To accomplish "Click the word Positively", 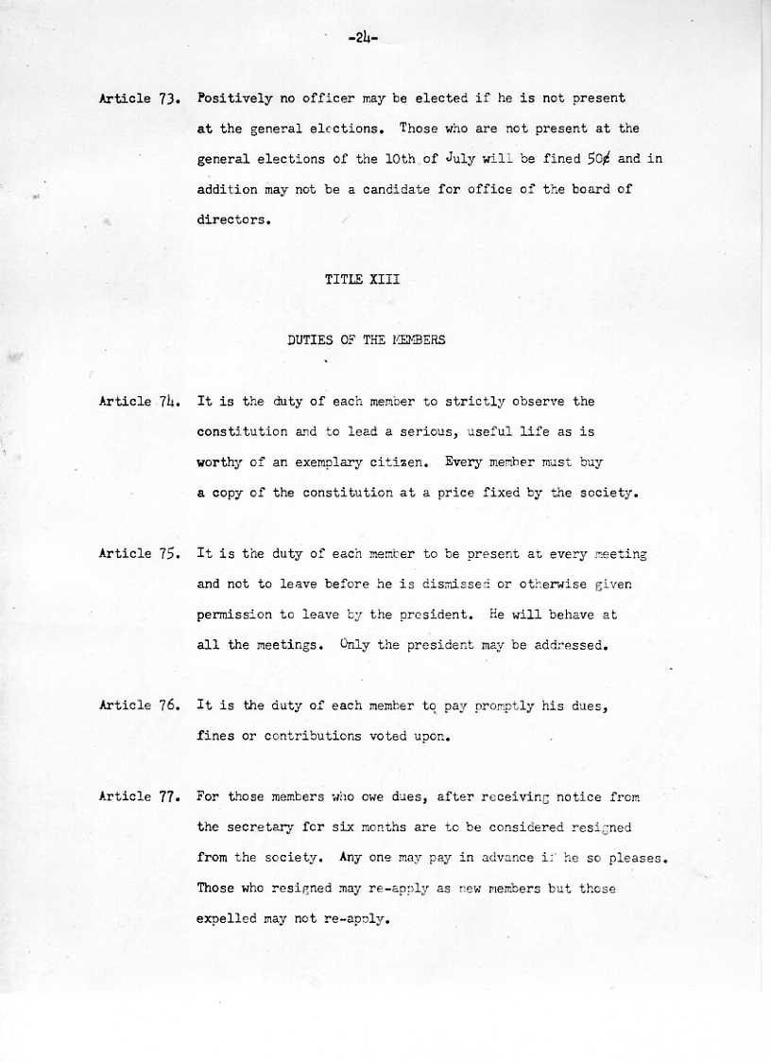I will (x=235, y=97).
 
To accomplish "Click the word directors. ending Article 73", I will (x=234, y=219).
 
